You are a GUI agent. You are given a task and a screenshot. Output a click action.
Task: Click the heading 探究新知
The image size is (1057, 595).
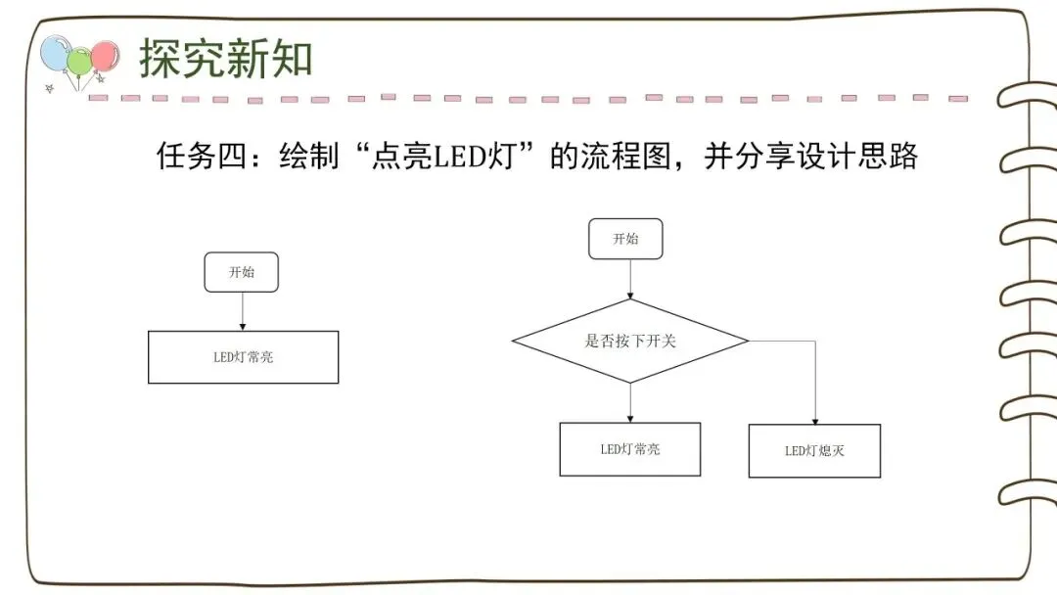click(226, 59)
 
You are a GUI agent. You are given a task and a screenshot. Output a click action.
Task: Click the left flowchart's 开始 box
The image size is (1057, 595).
click(241, 272)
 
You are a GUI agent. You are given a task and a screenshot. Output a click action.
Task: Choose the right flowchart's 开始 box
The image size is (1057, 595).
click(625, 239)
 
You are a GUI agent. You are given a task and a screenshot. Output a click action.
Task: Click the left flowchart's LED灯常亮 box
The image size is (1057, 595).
click(243, 357)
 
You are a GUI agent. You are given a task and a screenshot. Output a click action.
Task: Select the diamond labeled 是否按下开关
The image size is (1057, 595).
click(630, 341)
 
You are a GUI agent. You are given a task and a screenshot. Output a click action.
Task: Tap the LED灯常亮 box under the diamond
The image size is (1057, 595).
click(629, 449)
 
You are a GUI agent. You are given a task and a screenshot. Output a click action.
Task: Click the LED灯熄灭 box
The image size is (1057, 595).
click(814, 451)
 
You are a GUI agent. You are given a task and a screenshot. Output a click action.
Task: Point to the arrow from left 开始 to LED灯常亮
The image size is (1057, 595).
click(241, 311)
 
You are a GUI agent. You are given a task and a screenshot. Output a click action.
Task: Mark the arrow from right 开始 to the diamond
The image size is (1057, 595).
click(629, 279)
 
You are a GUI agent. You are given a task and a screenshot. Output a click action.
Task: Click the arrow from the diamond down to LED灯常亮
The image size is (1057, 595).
click(629, 402)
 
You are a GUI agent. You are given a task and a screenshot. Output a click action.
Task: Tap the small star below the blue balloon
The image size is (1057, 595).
click(50, 88)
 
